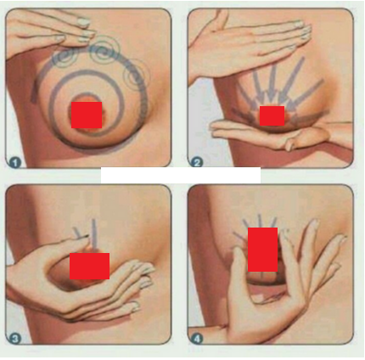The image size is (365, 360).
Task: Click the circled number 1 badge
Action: click(x=14, y=163)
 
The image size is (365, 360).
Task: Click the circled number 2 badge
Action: click(x=197, y=162)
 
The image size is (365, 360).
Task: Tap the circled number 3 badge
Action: click(x=14, y=339)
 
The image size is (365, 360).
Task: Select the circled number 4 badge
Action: click(x=197, y=339)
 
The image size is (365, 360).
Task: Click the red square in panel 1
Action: click(x=87, y=115)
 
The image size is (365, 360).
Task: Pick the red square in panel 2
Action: click(x=272, y=116)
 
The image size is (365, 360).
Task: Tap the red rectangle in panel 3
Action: click(x=89, y=266)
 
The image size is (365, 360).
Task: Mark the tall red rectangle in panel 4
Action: click(x=262, y=250)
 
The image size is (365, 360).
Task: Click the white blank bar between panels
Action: click(x=181, y=175)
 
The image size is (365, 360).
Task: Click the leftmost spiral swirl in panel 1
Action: click(x=65, y=58)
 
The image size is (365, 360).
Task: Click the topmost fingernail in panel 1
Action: click(x=83, y=22)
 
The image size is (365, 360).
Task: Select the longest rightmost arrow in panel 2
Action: click(x=307, y=94)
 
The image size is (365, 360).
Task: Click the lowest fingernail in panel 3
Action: click(x=135, y=307)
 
